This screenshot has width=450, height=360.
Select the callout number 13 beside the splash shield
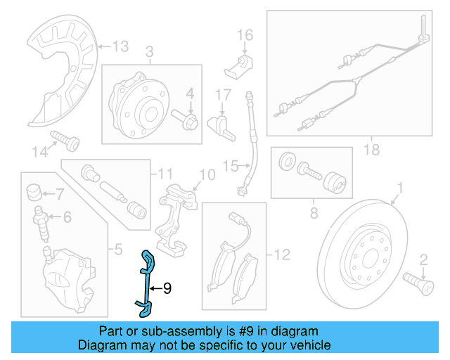coord(120,46)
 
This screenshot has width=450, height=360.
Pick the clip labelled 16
coord(240,65)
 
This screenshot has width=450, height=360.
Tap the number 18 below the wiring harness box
coord(371,149)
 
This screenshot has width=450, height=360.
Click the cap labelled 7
coord(33,191)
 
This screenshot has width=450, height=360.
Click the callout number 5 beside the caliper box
coord(117,248)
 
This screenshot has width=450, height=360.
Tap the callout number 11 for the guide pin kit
coord(165,173)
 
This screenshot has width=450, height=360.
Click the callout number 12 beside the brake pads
coord(281,255)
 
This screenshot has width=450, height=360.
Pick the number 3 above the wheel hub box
coord(150,51)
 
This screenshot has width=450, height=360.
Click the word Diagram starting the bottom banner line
coord(99,345)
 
